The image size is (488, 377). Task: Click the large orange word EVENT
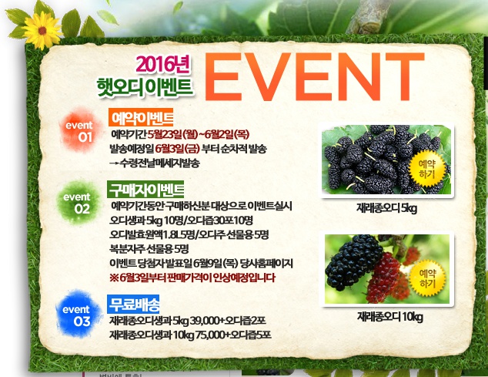tap(314, 76)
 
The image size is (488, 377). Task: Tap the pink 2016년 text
tap(162, 65)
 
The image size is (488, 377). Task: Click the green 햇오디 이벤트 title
tap(145, 87)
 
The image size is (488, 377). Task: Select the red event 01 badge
tap(80, 130)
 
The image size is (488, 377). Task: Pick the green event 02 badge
tap(79, 203)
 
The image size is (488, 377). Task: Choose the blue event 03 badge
tap(78, 315)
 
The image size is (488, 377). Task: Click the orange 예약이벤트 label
tap(141, 117)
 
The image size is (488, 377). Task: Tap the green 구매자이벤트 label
tap(145, 190)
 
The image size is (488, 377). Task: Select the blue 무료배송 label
tap(133, 304)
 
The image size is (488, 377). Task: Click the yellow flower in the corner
tap(42, 30)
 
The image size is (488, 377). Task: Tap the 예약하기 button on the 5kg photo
tap(426, 168)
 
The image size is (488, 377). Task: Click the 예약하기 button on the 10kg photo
tap(427, 278)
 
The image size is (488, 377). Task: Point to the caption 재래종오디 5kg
tap(386, 208)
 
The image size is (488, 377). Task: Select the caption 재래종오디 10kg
tap(390, 317)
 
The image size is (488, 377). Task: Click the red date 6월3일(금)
tap(177, 149)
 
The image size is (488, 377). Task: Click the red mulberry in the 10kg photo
tap(383, 278)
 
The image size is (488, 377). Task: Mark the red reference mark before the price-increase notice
tap(114, 278)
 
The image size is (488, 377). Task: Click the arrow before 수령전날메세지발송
tap(114, 163)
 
